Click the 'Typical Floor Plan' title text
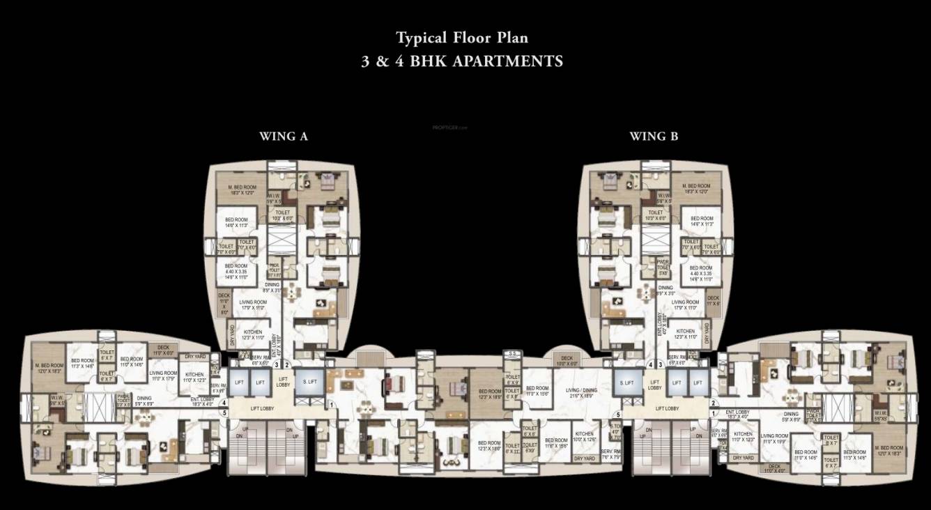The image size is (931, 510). coord(462,37)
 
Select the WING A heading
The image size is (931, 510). coord(284,137)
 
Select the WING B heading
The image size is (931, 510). coord(654,137)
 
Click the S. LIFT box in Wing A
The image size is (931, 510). coord(308,382)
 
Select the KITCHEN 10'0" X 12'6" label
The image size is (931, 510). coord(584,436)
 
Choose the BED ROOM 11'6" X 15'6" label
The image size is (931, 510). coord(556,443)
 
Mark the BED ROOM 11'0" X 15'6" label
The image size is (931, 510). coord(537,391)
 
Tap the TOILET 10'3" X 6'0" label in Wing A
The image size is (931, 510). coord(282,215)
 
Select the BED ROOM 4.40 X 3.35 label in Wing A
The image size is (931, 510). coord(236,272)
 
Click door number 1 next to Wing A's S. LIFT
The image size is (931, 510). coord(332,404)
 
